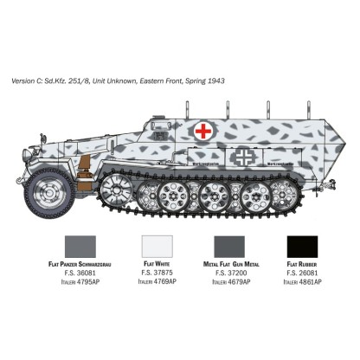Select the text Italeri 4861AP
(x=308, y=281)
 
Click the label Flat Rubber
(x=308, y=264)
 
